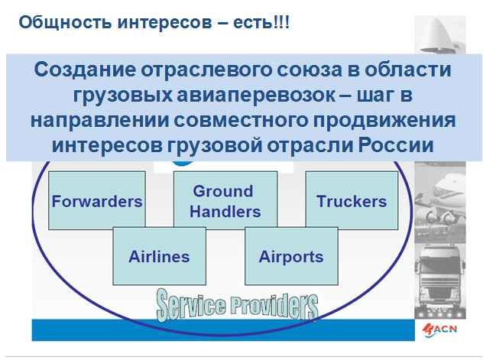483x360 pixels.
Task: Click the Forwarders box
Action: click(x=97, y=200)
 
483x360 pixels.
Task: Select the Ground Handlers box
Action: click(x=225, y=199)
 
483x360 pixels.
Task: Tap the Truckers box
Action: click(x=352, y=200)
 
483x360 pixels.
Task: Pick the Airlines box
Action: click(x=159, y=256)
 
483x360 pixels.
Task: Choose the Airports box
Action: click(x=291, y=256)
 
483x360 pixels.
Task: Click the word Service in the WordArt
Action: click(x=191, y=305)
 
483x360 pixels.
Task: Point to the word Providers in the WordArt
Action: click(x=274, y=306)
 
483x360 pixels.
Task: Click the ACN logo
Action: click(x=439, y=330)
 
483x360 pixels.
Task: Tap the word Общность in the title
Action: click(x=65, y=22)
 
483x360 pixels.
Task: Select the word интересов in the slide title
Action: click(x=165, y=23)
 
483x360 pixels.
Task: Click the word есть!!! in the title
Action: click(x=261, y=23)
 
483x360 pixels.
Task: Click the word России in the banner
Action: click(x=396, y=144)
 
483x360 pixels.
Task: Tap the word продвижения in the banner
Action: click(x=384, y=121)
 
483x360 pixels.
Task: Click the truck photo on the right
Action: click(x=440, y=281)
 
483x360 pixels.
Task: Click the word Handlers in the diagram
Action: click(x=225, y=212)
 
